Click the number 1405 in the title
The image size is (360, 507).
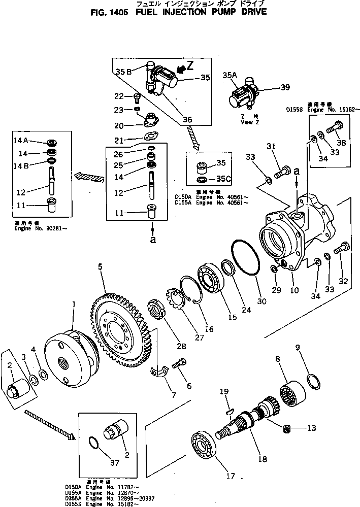click(120, 12)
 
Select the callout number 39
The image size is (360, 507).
click(285, 87)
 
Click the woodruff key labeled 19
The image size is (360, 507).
click(229, 403)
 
